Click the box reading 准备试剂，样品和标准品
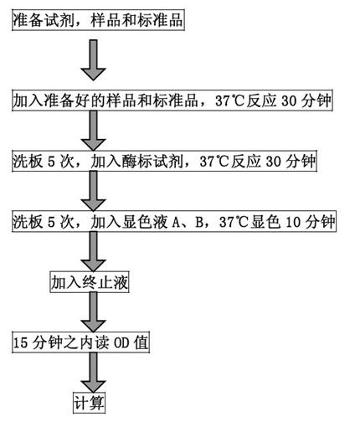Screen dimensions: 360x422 pyautogui.click(x=98, y=20)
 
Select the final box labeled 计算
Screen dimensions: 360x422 pyautogui.click(x=89, y=404)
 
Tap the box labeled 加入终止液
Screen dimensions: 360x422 pyautogui.click(x=90, y=282)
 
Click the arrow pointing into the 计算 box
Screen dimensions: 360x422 pyautogui.click(x=93, y=373)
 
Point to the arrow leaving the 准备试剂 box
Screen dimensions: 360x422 pyautogui.click(x=93, y=60)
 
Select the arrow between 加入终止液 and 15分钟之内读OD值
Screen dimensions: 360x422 pyautogui.click(x=93, y=312)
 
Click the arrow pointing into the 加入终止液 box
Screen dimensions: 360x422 pyautogui.click(x=93, y=251)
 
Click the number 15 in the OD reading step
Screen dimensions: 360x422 pyautogui.click(x=21, y=343)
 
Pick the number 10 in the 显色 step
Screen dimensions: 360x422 pyautogui.click(x=293, y=222)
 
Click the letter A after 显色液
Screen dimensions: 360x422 pyautogui.click(x=176, y=222)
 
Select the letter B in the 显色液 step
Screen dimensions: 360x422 pyautogui.click(x=199, y=222)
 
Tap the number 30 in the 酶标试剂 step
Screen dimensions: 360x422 pyautogui.click(x=274, y=162)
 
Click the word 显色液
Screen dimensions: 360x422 pyautogui.click(x=145, y=222)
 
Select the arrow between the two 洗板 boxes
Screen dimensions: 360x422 pyautogui.click(x=93, y=191)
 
